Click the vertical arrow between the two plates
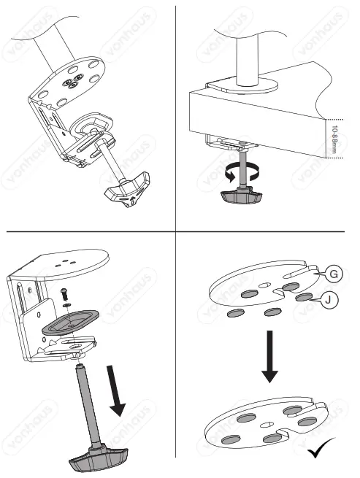pyautogui.click(x=269, y=355)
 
